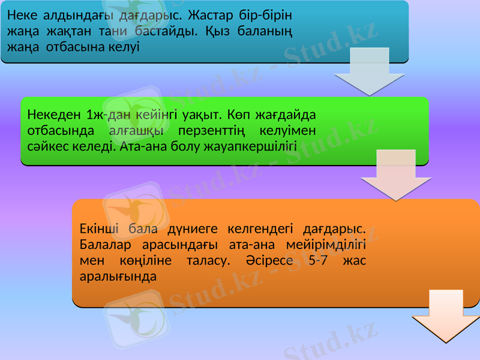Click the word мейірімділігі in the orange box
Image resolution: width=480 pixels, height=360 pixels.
[x=330, y=245]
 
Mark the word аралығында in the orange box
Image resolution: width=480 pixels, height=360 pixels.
[x=118, y=277]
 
